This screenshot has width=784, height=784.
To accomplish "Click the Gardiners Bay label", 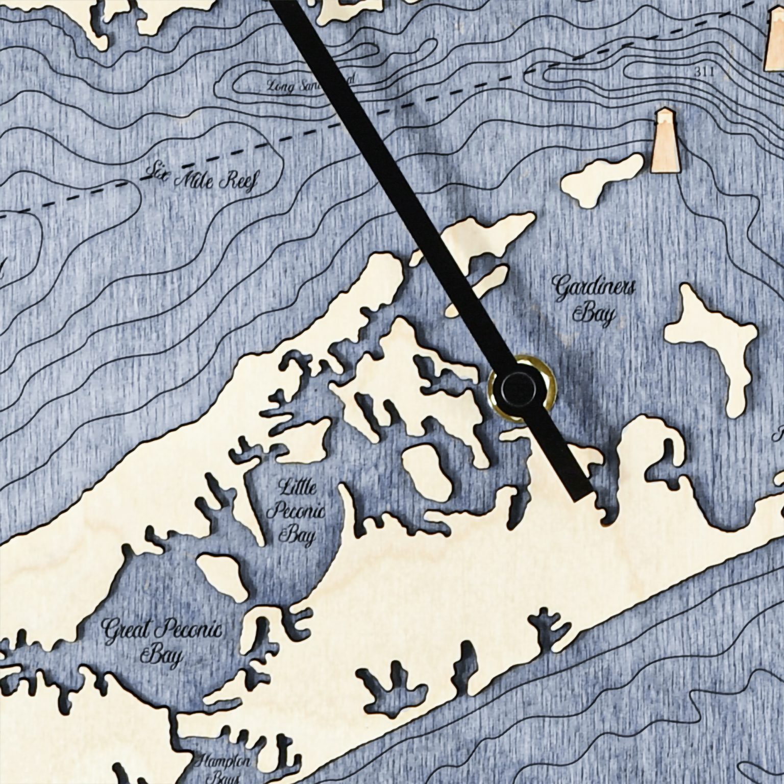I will pos(594,301).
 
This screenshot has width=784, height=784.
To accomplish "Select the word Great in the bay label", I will pos(126,630).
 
